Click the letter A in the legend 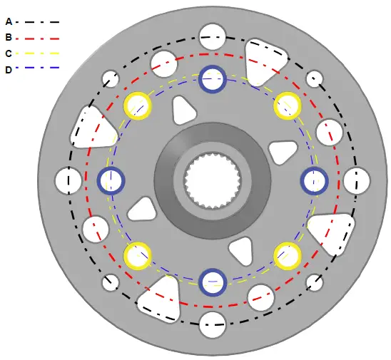8,22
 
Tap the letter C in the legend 8,53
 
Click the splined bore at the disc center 213,180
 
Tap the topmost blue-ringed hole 213,79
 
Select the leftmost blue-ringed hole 111,180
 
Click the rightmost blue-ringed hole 314,181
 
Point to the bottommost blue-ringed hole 213,282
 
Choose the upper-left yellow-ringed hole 138,106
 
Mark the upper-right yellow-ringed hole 288,106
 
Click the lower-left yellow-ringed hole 138,255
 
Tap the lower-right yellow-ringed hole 288,256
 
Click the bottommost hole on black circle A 213,325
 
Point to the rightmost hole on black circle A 356,181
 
